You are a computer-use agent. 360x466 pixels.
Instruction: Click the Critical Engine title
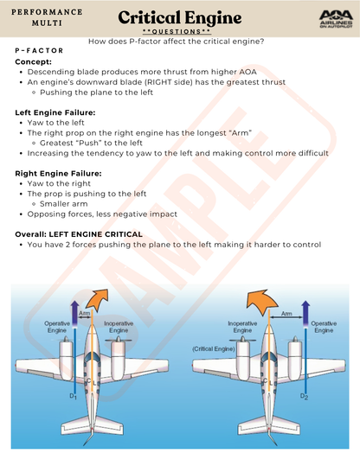tap(180, 18)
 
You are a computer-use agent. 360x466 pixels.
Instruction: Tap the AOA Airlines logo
tap(336, 19)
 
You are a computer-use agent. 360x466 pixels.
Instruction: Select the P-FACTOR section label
tap(39, 50)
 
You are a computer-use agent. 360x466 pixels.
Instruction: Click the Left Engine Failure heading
tap(55, 112)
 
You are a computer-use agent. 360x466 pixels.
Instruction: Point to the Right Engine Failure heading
tap(58, 174)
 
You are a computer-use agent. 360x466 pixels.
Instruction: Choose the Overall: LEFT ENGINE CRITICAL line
tap(79, 234)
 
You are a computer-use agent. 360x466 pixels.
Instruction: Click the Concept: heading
tap(34, 62)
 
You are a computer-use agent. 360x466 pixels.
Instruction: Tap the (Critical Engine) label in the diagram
tap(214, 349)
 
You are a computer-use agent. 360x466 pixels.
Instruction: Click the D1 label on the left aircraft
tap(73, 396)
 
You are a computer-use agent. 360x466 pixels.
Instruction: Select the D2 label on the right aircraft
tap(304, 396)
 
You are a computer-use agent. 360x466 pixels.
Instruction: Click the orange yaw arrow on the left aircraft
tap(97, 298)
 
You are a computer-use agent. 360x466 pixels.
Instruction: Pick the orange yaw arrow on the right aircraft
tap(262, 302)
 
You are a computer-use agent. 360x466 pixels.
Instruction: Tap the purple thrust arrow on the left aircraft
tap(75, 314)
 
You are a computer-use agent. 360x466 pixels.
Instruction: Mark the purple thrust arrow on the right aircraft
tap(305, 314)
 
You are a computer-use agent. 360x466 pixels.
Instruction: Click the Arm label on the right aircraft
tap(286, 314)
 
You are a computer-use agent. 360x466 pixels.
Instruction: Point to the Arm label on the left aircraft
tap(85, 313)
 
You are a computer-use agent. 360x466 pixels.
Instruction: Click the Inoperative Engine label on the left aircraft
tap(119, 327)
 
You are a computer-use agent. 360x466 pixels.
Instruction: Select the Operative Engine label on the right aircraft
tap(324, 327)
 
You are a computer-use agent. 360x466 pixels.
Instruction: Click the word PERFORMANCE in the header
tap(47, 12)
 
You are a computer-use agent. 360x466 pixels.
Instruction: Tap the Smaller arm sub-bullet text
tap(64, 204)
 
